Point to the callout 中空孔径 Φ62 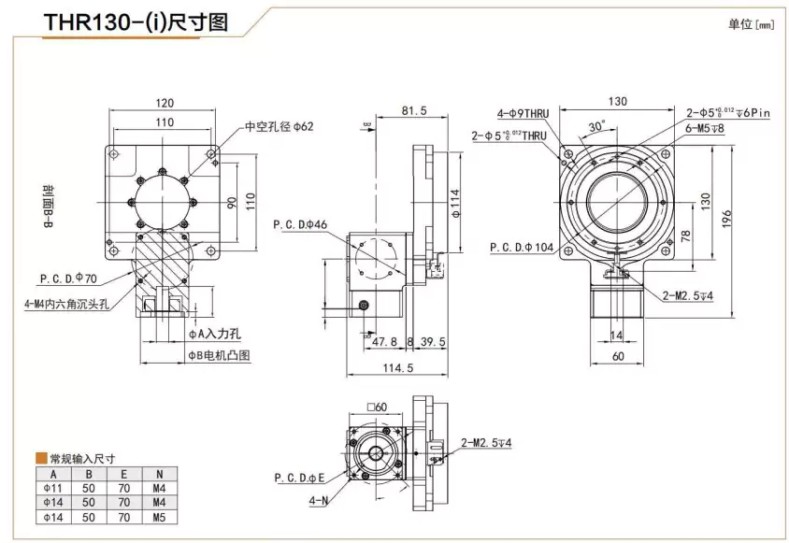point(280,127)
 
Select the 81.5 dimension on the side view point(412,110)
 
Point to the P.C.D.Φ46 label point(300,224)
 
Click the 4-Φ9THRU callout point(526,113)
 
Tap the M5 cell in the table point(160,515)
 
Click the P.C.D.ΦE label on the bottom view point(300,477)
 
